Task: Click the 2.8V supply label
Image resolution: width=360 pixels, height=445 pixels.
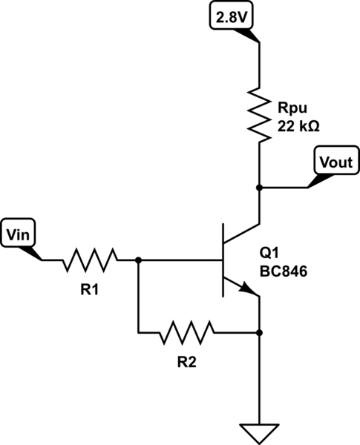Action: (231, 16)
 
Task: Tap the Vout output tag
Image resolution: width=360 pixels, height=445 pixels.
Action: (334, 162)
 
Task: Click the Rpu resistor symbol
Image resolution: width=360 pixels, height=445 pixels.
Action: (259, 113)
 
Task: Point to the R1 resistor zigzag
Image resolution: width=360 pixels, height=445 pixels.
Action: (90, 260)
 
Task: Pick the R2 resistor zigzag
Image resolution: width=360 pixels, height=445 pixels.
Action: (187, 332)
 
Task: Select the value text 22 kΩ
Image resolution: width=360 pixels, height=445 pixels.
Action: (298, 127)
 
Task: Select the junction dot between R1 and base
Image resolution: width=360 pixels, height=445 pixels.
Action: (138, 260)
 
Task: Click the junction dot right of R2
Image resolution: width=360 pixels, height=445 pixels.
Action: (259, 332)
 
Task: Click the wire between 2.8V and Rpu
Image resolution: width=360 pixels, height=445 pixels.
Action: (259, 63)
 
